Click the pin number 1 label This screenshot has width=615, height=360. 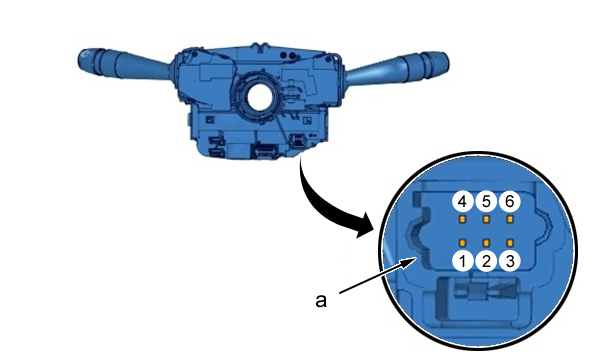tap(463, 261)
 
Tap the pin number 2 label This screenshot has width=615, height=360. tap(486, 261)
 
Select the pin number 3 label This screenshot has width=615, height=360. tap(510, 261)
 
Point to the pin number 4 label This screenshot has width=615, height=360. tap(463, 202)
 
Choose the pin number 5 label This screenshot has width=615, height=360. tap(486, 202)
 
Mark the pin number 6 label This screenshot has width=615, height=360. tap(510, 202)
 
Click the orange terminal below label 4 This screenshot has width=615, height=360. tap(463, 219)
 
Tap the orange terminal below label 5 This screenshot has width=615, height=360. tap(486, 219)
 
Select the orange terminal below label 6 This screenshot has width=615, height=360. tap(510, 219)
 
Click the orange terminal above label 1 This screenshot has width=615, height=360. tap(463, 243)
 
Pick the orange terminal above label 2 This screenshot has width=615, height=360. tap(486, 243)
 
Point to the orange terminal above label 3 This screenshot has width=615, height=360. tap(510, 243)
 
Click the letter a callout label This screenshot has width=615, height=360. tap(321, 301)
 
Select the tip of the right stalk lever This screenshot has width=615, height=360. tap(446, 64)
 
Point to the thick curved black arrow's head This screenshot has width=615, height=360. tap(363, 226)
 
